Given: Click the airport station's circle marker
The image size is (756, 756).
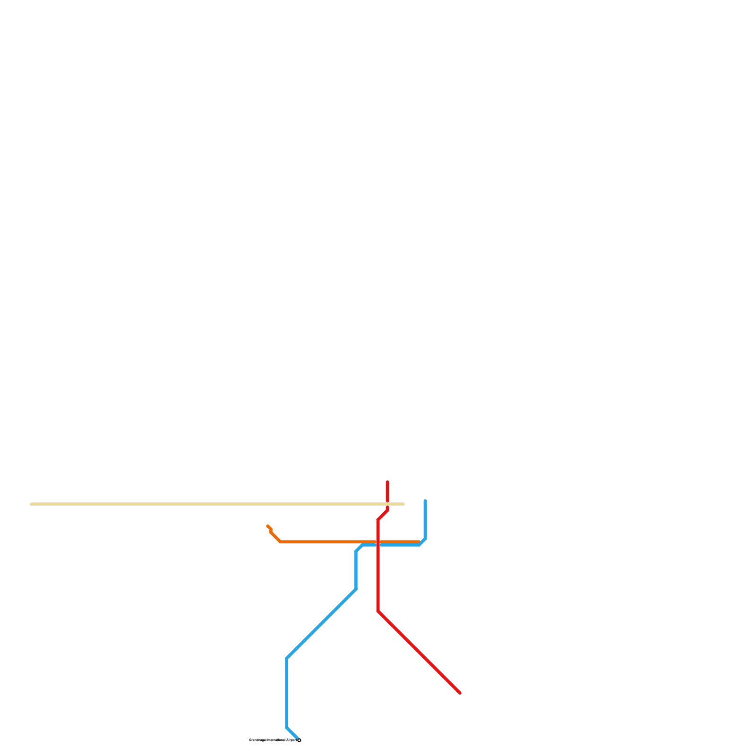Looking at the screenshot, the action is (x=299, y=740).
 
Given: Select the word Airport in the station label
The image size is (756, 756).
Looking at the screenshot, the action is (x=291, y=740).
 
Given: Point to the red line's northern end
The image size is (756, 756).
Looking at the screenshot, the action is (x=387, y=482).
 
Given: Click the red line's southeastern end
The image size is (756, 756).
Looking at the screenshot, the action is (x=460, y=693).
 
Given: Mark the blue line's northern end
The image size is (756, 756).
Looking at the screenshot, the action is (x=425, y=500).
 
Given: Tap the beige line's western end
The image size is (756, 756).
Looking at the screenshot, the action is (x=31, y=504).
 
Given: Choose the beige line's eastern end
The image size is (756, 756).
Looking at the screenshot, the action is (x=404, y=504).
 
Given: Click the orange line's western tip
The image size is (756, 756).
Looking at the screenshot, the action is (x=267, y=526).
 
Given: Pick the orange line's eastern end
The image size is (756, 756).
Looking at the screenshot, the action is (x=419, y=541).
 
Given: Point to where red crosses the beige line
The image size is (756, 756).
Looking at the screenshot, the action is (x=387, y=504).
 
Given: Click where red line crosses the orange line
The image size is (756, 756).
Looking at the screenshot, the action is (x=378, y=541).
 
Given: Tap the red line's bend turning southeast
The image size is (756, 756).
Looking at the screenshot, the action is (x=378, y=611).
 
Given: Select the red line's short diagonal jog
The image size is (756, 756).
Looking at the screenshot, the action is (x=383, y=515).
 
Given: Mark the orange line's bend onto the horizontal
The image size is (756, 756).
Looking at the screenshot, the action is (x=281, y=541).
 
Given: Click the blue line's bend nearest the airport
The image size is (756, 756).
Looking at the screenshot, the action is (x=287, y=727).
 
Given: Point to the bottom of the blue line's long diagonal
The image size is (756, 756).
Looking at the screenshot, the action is (x=287, y=658).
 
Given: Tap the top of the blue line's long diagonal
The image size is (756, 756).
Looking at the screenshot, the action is (x=356, y=589).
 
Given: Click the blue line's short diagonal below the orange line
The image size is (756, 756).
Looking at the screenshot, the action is (x=359, y=548).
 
